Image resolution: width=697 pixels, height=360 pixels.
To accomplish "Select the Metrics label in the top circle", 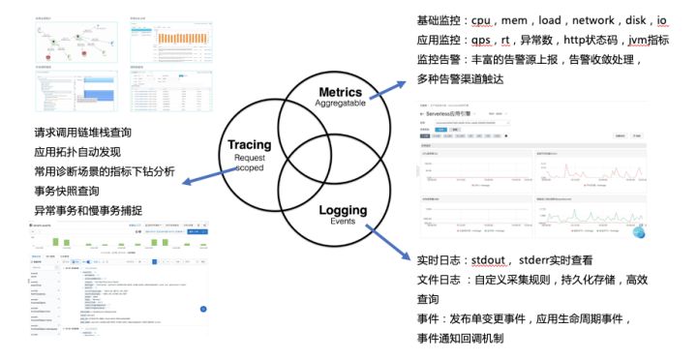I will coord(340,91).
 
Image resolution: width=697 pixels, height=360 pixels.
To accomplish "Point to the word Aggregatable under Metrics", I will coord(340,104).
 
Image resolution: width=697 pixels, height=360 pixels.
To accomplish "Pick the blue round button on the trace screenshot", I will coord(203,308).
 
